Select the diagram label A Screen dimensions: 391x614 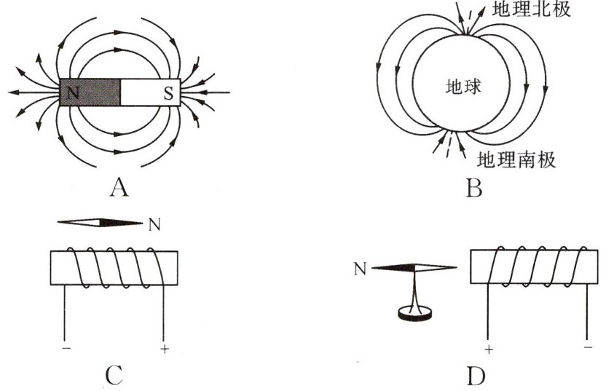(119, 189)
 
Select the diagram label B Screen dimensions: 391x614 (473, 189)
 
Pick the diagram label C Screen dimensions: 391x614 (114, 376)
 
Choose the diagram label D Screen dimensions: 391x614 (475, 376)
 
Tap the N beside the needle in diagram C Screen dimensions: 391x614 (154, 224)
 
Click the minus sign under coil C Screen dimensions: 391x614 (67, 349)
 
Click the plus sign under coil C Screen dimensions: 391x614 (164, 349)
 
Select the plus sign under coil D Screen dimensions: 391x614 (488, 349)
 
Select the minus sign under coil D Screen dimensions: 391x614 (588, 348)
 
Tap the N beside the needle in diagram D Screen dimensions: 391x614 (359, 269)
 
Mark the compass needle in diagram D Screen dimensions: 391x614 (414, 268)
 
